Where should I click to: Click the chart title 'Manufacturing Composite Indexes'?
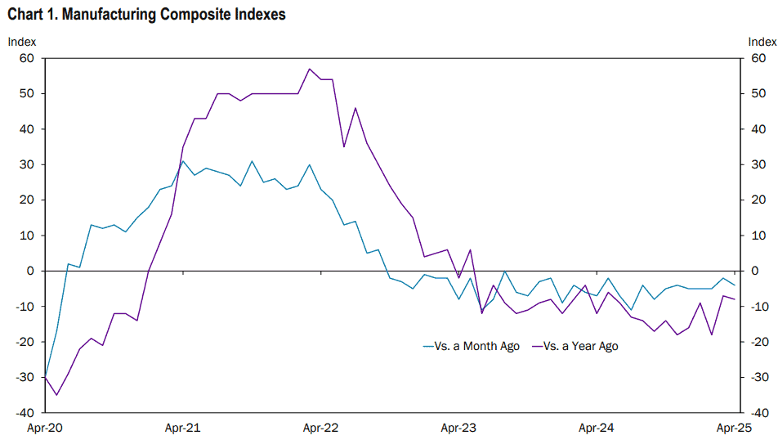pyautogui.click(x=173, y=15)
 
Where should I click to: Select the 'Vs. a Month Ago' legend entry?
pyautogui.click(x=471, y=346)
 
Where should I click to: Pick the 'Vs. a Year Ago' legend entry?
pyautogui.click(x=575, y=346)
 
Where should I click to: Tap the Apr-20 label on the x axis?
pyautogui.click(x=45, y=428)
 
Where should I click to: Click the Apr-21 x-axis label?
pyautogui.click(x=182, y=428)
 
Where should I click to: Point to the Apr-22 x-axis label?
pyautogui.click(x=320, y=428)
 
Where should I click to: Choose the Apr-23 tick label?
pyautogui.click(x=458, y=428)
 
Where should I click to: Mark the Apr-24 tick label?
pyautogui.click(x=597, y=428)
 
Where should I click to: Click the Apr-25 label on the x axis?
pyautogui.click(x=735, y=428)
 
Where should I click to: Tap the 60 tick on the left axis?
pyautogui.click(x=27, y=58)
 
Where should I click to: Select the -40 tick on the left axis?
pyautogui.click(x=25, y=413)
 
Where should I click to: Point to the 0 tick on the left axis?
pyautogui.click(x=31, y=272)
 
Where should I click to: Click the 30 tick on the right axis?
pyautogui.click(x=758, y=164)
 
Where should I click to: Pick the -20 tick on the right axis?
pyautogui.click(x=760, y=342)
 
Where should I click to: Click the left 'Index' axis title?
pyautogui.click(x=22, y=42)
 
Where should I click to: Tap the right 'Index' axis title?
pyautogui.click(x=762, y=42)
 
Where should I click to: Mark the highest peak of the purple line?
pyautogui.click(x=309, y=69)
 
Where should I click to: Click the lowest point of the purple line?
pyautogui.click(x=56, y=395)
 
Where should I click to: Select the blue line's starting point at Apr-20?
pyautogui.click(x=45, y=377)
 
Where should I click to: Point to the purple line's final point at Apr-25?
pyautogui.click(x=735, y=299)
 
